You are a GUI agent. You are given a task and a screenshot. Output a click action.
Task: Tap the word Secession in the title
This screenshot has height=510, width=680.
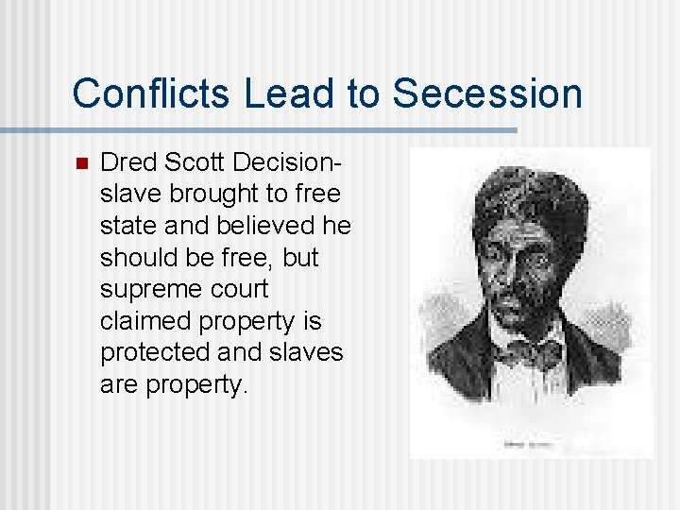click(x=486, y=93)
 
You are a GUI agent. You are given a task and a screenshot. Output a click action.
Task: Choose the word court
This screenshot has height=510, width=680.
click(x=236, y=289)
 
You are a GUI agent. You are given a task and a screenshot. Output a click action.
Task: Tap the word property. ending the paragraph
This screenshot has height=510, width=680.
click(x=194, y=384)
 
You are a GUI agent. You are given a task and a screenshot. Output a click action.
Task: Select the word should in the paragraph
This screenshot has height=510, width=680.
click(x=139, y=258)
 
